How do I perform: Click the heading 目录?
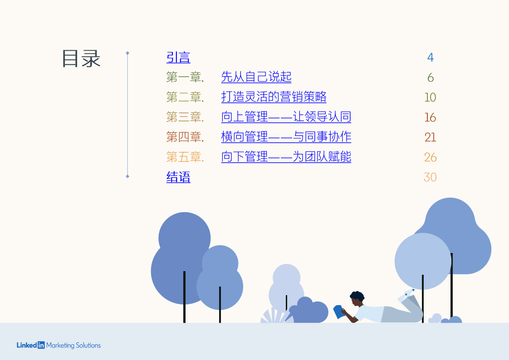pos(81,58)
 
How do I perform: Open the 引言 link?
pos(178,57)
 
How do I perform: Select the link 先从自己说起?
pos(256,77)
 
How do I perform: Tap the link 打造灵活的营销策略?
pos(274,97)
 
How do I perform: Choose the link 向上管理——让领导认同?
pos(286,117)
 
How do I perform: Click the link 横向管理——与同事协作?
pos(286,137)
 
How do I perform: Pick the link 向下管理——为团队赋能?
pos(286,157)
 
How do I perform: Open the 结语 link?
pos(178,177)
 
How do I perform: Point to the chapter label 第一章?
pos(185,78)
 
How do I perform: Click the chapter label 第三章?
pos(185,117)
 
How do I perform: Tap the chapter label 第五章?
pos(185,157)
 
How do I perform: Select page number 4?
pos(430,58)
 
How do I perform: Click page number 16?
pos(430,117)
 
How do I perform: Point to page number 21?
pos(430,137)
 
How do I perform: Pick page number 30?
pos(430,177)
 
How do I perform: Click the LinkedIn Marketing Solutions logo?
pos(59,345)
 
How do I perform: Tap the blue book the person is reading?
pos(338,311)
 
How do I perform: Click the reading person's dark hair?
pos(357,296)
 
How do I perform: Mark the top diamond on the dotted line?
pos(127,54)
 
